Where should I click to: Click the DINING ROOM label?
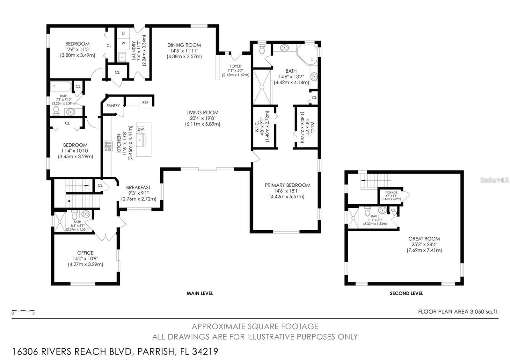point(184,45)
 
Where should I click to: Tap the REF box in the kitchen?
point(145,103)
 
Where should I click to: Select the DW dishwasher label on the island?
point(141,129)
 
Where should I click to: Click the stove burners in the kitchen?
point(108,146)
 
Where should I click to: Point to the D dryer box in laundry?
point(123,33)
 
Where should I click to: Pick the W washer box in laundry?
point(123,43)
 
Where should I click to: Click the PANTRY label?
point(113,105)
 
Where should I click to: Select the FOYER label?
point(236,66)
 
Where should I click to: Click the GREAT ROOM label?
point(424,239)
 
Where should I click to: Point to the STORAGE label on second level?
point(391,192)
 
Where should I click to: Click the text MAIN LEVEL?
point(200,293)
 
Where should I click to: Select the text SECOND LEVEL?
point(406,293)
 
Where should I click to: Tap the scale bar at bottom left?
point(23,311)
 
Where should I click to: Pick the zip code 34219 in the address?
point(205,352)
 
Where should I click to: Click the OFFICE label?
point(85,253)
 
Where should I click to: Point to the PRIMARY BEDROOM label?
point(288,185)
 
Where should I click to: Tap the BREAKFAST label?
point(138,188)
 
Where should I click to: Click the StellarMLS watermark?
point(494,180)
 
